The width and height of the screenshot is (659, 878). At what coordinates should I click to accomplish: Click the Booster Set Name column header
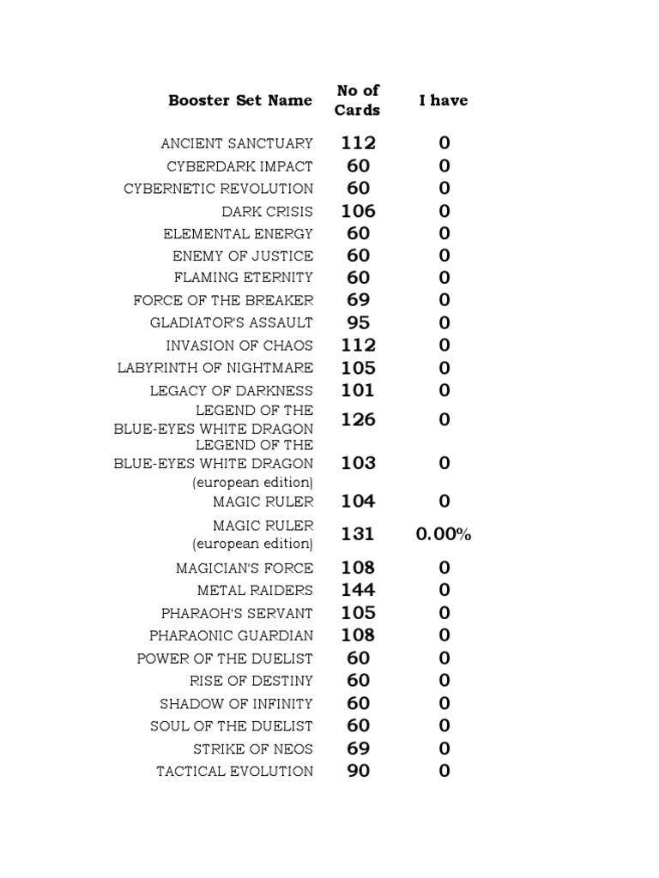click(x=240, y=100)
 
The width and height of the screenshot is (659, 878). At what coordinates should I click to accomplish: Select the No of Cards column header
click(x=358, y=100)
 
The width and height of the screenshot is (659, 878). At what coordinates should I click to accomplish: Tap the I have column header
click(x=444, y=100)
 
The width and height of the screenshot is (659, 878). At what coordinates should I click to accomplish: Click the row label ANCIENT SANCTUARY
click(x=237, y=143)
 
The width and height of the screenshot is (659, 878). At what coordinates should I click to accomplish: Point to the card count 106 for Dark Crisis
click(x=358, y=211)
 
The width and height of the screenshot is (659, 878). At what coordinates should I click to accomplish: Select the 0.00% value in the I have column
click(x=444, y=534)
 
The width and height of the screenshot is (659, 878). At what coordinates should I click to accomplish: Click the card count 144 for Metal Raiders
click(x=358, y=590)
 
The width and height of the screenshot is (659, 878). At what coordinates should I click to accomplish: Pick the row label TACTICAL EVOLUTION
click(x=234, y=771)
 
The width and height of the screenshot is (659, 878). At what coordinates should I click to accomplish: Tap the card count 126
click(x=358, y=419)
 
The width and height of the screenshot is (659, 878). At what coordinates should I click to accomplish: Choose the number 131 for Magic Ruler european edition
click(x=358, y=534)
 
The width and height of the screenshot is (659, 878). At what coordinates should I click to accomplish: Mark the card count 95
click(x=358, y=323)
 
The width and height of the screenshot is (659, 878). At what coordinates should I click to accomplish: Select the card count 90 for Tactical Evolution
click(x=358, y=771)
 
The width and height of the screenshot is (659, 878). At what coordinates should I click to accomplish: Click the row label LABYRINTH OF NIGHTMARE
click(x=215, y=368)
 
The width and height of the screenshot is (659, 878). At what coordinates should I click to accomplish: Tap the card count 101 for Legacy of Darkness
click(x=358, y=390)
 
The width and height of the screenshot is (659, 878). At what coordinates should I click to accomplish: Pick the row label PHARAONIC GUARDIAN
click(x=231, y=635)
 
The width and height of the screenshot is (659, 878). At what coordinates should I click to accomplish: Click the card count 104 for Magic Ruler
click(x=358, y=501)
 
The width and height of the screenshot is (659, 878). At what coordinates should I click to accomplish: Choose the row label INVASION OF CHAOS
click(x=239, y=346)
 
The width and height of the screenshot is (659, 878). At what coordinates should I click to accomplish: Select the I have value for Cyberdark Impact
click(x=444, y=165)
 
